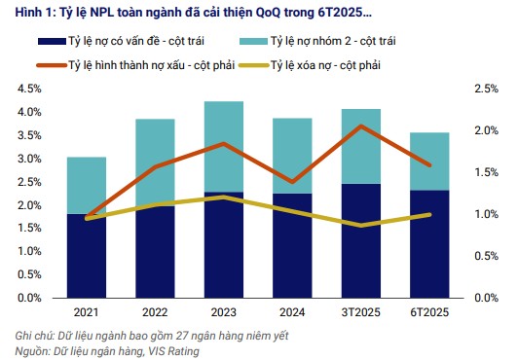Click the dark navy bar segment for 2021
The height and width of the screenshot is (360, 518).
coord(87,256)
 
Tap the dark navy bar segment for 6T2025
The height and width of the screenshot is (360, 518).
coord(430,244)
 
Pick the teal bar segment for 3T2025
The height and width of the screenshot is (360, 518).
coord(361,146)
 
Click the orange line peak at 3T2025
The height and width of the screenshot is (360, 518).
coord(361,126)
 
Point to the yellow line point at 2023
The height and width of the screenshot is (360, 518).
coord(224,198)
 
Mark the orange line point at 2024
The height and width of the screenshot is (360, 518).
coord(292,182)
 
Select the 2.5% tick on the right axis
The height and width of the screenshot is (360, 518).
coord(486,89)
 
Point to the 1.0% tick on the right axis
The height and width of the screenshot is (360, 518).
coord(486,214)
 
